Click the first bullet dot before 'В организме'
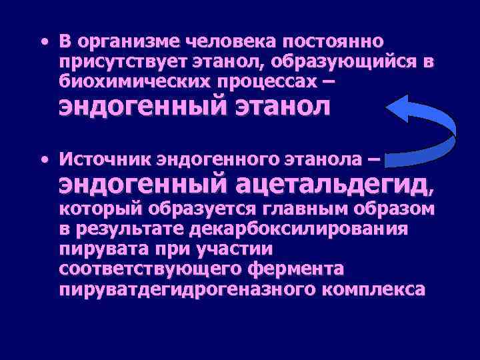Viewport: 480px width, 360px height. point(43,41)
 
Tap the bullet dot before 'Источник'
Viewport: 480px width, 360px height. point(43,160)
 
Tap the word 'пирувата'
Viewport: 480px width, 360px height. point(100,250)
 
